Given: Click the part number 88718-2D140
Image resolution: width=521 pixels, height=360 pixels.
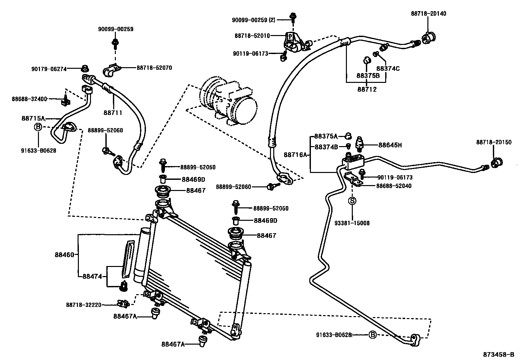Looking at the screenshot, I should point(428,13).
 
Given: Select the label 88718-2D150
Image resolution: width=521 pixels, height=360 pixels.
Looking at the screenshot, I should point(494,142).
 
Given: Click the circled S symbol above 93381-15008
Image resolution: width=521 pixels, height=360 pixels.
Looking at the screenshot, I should point(352,200).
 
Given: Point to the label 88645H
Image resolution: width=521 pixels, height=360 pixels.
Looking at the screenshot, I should point(390,145).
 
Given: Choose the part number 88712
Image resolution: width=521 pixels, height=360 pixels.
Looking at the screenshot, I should point(367,89).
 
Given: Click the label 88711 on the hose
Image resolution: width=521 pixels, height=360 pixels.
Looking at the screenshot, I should point(113,113).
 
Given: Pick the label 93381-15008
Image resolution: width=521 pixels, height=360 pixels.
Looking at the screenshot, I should point(352,223).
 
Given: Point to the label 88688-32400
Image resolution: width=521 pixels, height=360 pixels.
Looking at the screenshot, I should point(29,99).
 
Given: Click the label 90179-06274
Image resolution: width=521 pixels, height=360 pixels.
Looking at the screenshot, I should point(49,69).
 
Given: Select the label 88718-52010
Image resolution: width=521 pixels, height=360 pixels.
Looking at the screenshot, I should point(252,36).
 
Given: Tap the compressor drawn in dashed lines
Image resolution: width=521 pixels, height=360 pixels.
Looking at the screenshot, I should point(229,102).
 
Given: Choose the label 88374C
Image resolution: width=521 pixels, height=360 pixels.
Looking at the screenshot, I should point(388,68).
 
